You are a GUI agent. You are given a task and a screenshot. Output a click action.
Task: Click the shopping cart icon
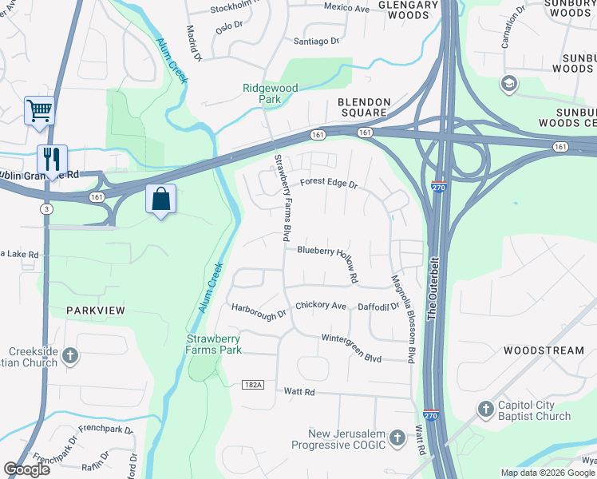(39, 110)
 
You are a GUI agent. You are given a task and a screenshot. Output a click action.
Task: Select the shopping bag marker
(161, 199)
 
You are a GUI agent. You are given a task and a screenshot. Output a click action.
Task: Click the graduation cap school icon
(508, 83)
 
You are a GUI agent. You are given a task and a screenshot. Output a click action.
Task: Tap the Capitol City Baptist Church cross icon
(485, 409)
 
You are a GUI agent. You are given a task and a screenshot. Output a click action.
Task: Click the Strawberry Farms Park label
(214, 344)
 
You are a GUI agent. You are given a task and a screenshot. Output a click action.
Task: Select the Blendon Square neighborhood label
(364, 108)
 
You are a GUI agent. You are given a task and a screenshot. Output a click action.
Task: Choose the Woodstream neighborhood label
(544, 350)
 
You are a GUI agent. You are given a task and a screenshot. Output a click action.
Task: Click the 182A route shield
(252, 385)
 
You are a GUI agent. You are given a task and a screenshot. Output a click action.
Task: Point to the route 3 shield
(47, 208)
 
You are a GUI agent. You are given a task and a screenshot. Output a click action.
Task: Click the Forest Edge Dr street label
(328, 183)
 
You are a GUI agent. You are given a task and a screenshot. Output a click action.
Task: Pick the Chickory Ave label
(320, 306)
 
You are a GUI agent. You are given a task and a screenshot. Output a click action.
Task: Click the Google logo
(26, 469)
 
